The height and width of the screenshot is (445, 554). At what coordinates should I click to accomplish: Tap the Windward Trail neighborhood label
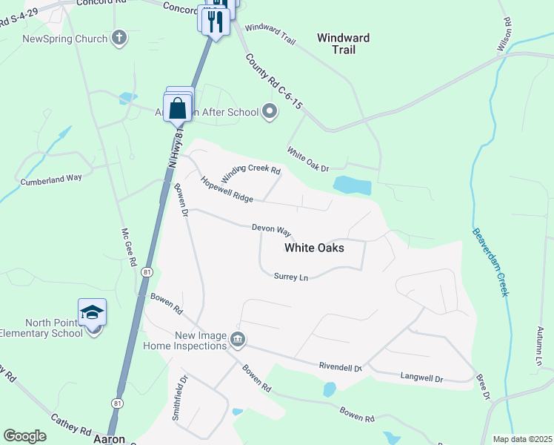point(343,44)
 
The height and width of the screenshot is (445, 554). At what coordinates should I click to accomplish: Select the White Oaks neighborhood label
point(314,248)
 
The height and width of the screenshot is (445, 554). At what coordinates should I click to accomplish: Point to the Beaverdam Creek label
point(490,261)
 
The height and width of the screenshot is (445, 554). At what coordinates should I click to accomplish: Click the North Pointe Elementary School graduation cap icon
point(93,312)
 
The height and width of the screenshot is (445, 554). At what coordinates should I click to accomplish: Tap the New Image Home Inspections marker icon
point(238,340)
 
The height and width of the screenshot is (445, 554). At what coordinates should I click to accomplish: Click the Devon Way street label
point(271,231)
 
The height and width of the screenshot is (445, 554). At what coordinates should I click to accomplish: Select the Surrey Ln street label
point(290,277)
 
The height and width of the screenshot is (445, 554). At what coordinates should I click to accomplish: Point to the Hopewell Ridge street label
point(226,190)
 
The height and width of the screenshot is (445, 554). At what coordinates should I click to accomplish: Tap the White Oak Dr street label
point(307,159)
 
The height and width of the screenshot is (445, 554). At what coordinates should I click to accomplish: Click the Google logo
point(24,436)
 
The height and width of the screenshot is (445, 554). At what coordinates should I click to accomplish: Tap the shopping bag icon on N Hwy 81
point(178,108)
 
